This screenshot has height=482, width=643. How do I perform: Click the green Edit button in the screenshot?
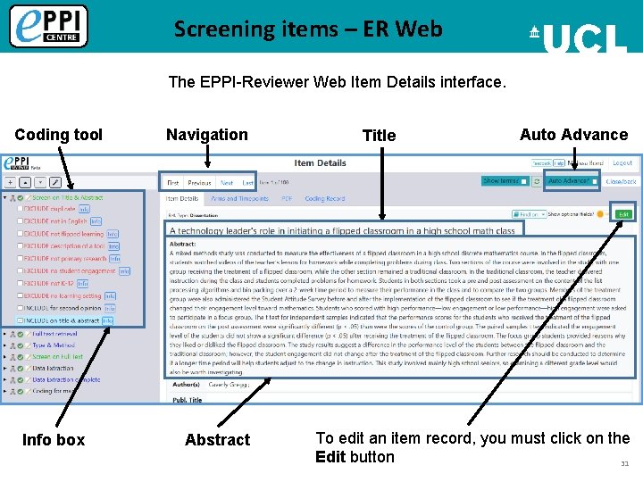point(623,214)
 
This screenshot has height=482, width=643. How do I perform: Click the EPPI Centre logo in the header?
point(49,26)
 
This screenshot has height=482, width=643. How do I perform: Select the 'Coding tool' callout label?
point(59,135)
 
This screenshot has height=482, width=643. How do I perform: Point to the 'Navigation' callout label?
point(207,135)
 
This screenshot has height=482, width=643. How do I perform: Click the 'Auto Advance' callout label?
point(573,135)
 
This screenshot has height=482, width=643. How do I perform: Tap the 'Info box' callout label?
point(54,439)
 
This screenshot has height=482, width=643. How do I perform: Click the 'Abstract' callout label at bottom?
point(217,439)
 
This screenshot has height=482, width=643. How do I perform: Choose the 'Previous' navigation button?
point(199,182)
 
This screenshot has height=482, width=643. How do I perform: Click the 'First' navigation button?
point(172,182)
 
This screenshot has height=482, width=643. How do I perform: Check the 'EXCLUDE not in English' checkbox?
point(20,221)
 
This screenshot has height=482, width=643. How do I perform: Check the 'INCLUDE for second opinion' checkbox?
point(20,308)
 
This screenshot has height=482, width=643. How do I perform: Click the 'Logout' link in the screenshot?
point(622,163)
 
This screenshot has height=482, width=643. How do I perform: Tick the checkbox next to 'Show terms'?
point(524,181)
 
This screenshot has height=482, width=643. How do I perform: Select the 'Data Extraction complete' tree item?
point(66,379)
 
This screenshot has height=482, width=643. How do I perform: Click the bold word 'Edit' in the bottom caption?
point(330,457)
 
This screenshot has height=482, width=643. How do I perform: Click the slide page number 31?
point(624,463)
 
